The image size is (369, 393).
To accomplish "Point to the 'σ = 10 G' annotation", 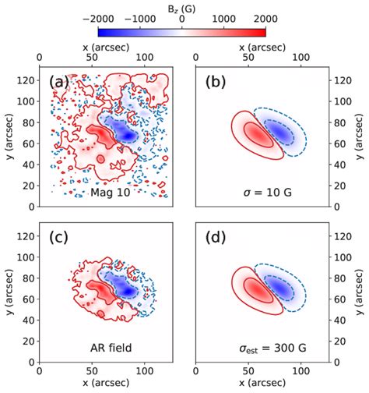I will point(263,191).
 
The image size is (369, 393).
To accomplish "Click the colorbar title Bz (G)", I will point(182,7).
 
